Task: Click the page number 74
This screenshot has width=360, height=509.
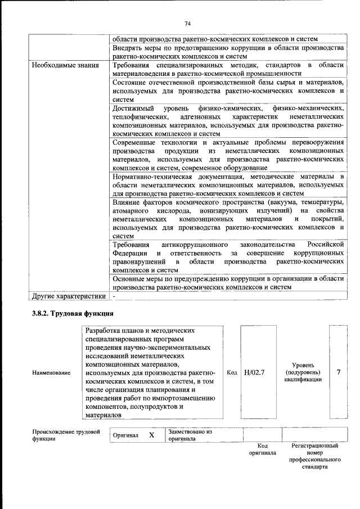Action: click(x=188, y=23)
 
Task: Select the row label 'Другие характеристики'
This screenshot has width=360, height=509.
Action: click(x=69, y=296)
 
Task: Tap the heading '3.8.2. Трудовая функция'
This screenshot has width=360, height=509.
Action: click(x=73, y=313)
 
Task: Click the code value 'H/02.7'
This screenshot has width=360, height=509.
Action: click(x=255, y=372)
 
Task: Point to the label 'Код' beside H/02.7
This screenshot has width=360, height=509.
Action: click(x=231, y=372)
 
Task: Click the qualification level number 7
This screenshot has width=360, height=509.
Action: click(x=338, y=372)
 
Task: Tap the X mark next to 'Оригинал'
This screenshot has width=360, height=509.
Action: click(x=151, y=435)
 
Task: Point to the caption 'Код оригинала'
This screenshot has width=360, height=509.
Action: click(x=263, y=449)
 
